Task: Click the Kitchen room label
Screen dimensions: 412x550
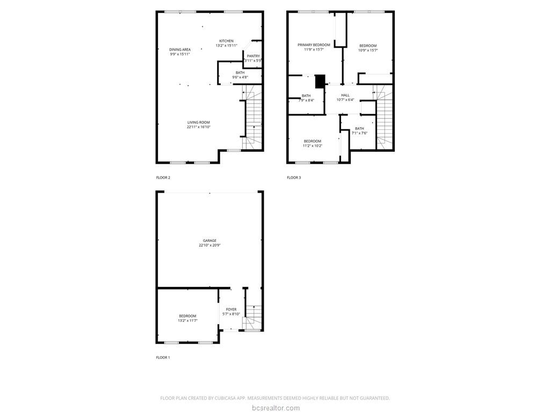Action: [x=226, y=41]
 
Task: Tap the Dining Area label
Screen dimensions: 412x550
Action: [x=180, y=49]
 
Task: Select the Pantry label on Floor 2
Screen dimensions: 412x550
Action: [x=254, y=56]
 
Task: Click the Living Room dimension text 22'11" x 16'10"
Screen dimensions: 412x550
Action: [x=198, y=127]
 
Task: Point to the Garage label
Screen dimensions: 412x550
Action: [x=209, y=241]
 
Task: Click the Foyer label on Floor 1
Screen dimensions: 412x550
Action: [x=231, y=310]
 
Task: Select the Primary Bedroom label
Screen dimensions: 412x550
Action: [x=314, y=45]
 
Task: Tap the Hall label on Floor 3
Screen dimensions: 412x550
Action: [x=345, y=95]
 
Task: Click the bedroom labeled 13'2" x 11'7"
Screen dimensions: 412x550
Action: [x=187, y=318]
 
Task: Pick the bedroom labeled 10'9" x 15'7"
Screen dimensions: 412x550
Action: [x=368, y=48]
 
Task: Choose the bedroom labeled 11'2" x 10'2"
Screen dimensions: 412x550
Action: [x=312, y=143]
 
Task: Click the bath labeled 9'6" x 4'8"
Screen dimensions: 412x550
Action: [x=240, y=75]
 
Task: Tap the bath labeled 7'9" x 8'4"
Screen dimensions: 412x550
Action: [x=306, y=98]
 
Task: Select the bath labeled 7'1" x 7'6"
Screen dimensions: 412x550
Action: [x=359, y=130]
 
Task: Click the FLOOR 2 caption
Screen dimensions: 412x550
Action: [x=163, y=178]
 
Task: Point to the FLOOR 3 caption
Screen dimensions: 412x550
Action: [x=294, y=178]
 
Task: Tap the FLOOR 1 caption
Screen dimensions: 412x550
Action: [x=163, y=357]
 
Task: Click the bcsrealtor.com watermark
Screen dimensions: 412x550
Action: [x=275, y=408]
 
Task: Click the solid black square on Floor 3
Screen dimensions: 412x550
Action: [x=320, y=81]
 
